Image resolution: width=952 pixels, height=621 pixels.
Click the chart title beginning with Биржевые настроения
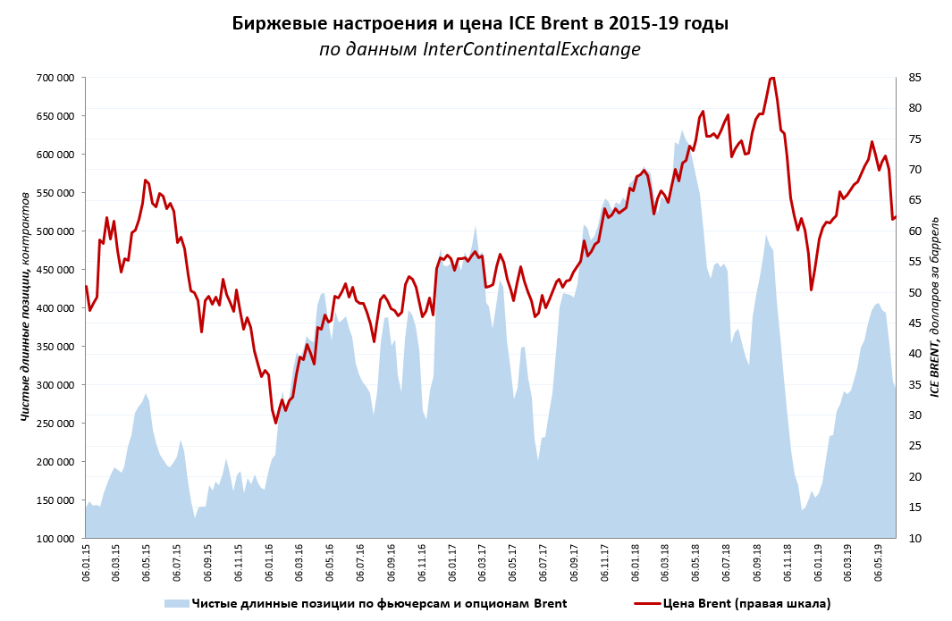click(x=480, y=24)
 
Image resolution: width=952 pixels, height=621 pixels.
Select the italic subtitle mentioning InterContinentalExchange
click(x=480, y=50)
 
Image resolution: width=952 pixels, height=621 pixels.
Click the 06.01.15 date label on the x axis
click(x=86, y=563)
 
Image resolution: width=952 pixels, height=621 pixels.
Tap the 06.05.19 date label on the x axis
click(x=881, y=563)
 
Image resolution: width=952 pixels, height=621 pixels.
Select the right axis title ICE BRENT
click(x=936, y=306)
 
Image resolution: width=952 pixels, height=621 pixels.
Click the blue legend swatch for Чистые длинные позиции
click(x=176, y=603)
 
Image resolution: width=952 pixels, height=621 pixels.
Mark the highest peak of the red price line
click(x=772, y=78)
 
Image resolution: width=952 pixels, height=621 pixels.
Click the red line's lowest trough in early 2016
click(x=276, y=422)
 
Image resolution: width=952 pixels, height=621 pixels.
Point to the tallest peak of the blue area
click(x=682, y=130)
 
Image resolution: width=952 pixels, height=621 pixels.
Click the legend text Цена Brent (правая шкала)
click(x=746, y=603)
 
